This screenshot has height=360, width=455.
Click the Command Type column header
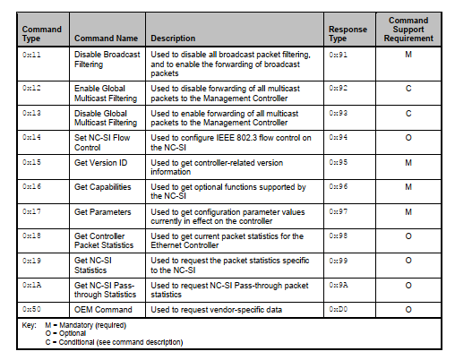[41, 34]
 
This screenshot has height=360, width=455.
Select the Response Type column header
[348, 34]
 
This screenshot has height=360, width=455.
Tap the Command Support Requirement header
[408, 30]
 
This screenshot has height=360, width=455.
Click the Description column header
[173, 39]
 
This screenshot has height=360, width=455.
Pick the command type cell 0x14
[31, 137]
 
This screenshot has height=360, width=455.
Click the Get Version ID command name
[100, 163]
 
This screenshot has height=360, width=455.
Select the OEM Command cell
[103, 310]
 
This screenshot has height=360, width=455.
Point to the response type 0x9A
[339, 285]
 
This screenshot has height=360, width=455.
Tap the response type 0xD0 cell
[339, 309]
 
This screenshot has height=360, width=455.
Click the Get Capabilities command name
[102, 187]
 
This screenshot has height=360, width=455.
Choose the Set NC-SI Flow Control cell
[102, 142]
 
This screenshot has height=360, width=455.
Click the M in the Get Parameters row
[408, 212]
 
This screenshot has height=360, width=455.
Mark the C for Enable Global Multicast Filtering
[408, 89]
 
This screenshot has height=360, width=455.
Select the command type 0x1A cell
[31, 285]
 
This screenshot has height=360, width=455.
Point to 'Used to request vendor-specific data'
[216, 310]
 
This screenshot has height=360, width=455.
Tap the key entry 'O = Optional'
[65, 333]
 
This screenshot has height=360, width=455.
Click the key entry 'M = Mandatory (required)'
[86, 325]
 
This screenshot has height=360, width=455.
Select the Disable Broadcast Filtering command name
[107, 59]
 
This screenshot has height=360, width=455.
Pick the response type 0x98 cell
[339, 236]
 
